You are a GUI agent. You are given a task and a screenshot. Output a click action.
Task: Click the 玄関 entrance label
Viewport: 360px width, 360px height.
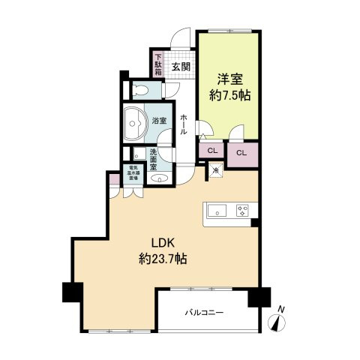pyautogui.click(x=180, y=65)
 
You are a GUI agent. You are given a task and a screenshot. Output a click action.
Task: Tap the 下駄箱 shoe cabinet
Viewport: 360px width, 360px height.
pyautogui.click(x=158, y=61)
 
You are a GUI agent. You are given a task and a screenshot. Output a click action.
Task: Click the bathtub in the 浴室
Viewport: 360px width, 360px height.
pyautogui.click(x=135, y=121)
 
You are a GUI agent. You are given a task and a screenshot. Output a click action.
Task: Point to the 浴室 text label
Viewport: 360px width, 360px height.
pyautogui.click(x=159, y=120)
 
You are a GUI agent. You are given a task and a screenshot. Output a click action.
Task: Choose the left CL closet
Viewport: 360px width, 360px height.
pyautogui.click(x=212, y=150)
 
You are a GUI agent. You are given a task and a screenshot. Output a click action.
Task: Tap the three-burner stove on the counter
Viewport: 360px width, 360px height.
pyautogui.click(x=242, y=210)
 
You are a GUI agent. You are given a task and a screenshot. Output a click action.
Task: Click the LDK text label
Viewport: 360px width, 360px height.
pyautogui.click(x=163, y=243)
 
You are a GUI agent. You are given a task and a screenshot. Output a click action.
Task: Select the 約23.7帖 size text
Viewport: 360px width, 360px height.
pyautogui.click(x=163, y=259)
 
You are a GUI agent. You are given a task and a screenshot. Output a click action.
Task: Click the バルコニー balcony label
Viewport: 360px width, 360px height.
pyautogui.click(x=203, y=311)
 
